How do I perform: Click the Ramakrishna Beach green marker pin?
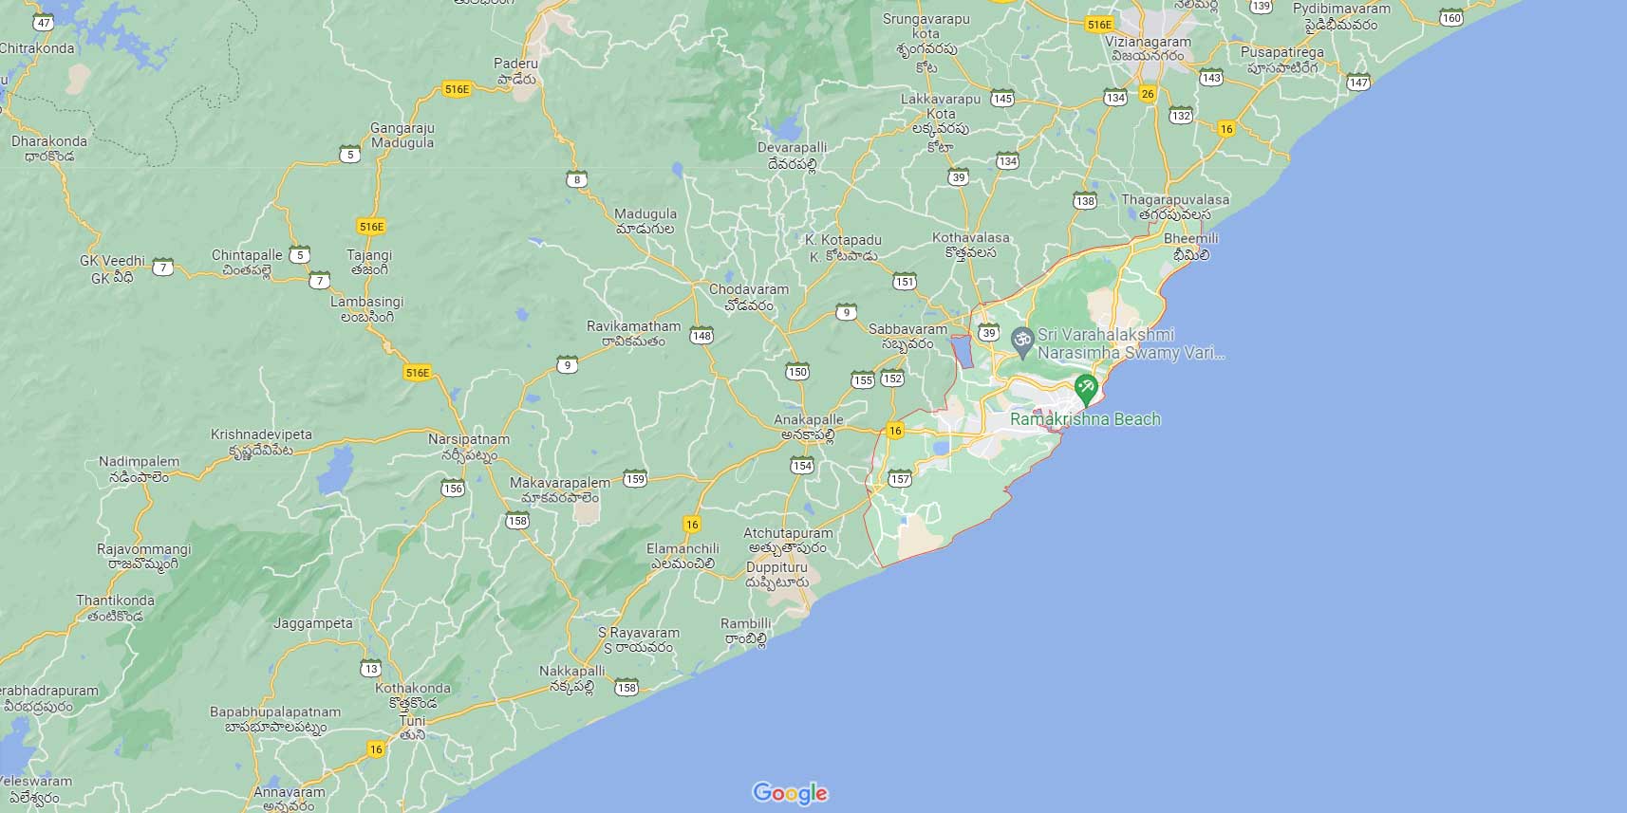coord(1086,388)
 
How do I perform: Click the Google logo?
coord(790,792)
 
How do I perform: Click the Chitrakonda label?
coord(37,48)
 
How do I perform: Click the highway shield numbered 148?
coord(701,336)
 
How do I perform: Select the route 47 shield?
coord(44,23)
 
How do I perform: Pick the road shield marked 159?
coord(635,479)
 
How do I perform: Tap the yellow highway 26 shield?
coord(1149,94)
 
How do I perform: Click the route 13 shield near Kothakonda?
coord(370,669)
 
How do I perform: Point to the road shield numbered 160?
coord(1451,18)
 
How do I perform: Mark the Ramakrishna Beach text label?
coord(1085,419)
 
